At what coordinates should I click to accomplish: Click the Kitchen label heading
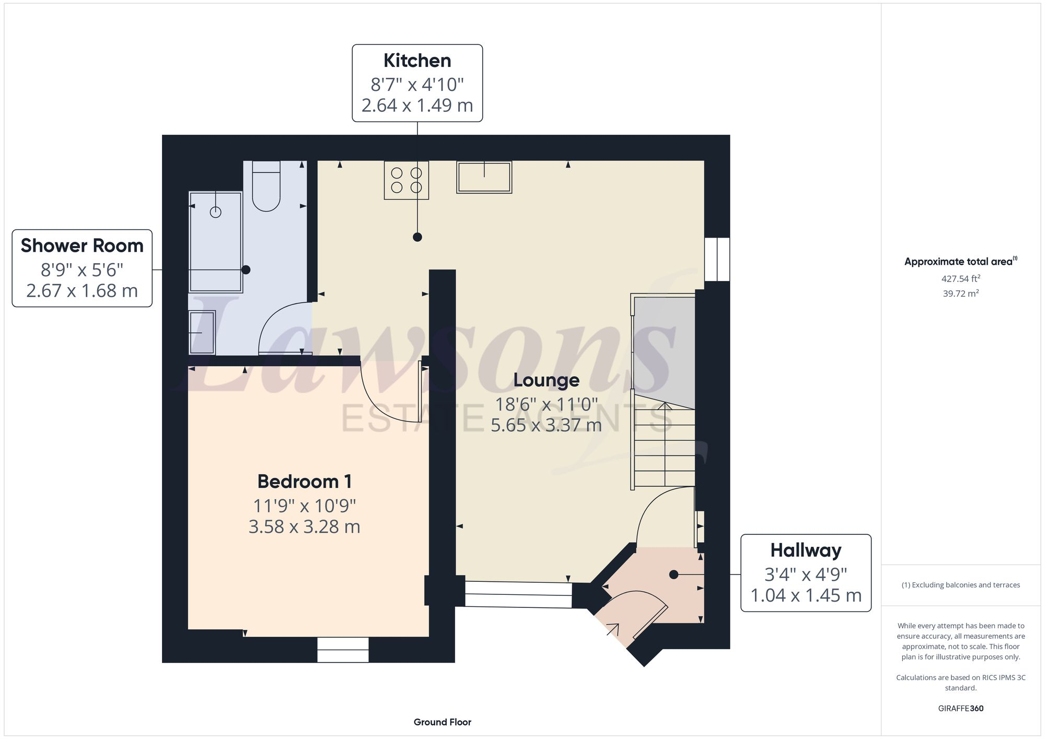(x=417, y=61)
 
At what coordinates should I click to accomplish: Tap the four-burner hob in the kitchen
(x=407, y=180)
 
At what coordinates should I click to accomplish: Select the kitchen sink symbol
(x=484, y=178)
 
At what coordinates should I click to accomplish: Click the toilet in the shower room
(x=266, y=186)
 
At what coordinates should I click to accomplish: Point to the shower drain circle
(x=215, y=212)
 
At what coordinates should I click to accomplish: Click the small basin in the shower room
(x=202, y=332)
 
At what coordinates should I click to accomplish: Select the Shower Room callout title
(x=82, y=246)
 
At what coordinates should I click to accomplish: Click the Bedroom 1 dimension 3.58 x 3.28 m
(x=304, y=526)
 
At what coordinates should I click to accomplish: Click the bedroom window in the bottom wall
(x=343, y=650)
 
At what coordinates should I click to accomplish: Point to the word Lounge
(x=546, y=380)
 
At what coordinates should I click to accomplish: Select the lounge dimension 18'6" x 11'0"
(x=546, y=404)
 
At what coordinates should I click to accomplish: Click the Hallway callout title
(x=806, y=550)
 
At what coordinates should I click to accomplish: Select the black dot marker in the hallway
(x=674, y=574)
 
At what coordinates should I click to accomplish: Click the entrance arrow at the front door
(x=613, y=629)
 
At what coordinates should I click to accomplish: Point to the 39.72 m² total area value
(x=960, y=294)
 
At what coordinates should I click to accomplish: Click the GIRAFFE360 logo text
(x=960, y=709)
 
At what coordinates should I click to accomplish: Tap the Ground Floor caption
(x=442, y=722)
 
